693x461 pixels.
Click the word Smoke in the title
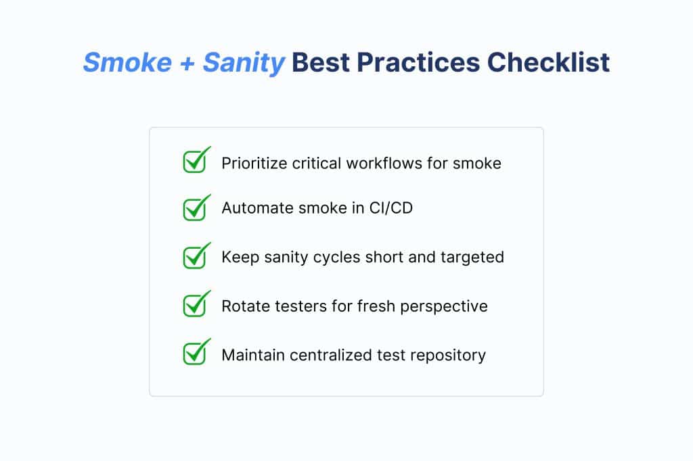(127, 62)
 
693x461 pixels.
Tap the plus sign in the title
(187, 63)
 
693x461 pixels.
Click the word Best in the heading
(320, 62)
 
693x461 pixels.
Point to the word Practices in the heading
(418, 62)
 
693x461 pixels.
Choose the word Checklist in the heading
(548, 62)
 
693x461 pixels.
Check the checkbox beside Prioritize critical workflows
(196, 160)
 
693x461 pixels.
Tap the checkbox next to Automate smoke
(196, 208)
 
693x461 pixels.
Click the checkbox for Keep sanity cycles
(196, 256)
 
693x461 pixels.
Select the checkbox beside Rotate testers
(196, 304)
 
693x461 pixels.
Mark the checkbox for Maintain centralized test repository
(196, 351)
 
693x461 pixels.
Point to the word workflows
(384, 164)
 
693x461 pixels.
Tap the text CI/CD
(390, 208)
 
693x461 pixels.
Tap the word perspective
(444, 307)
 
